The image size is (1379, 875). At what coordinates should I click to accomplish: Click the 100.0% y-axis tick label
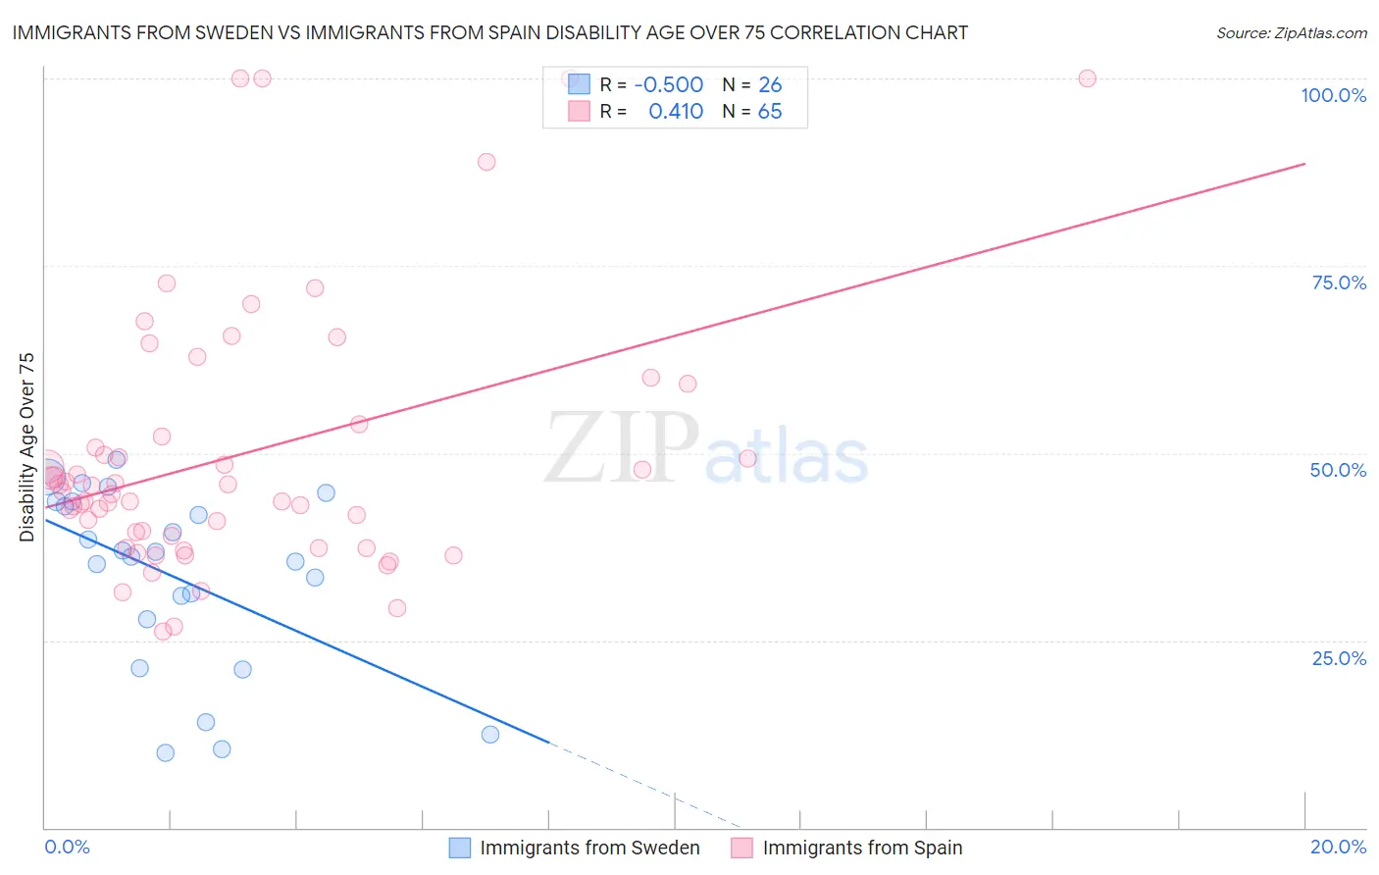tap(1333, 95)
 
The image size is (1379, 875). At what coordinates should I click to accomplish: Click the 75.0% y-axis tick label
tap(1339, 283)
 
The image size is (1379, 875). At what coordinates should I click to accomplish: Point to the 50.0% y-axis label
tap(1338, 470)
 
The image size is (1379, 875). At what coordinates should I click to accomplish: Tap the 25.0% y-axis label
tap(1339, 658)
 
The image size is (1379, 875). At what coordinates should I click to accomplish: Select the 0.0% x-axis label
tap(67, 847)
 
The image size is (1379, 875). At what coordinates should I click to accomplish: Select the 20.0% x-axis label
tap(1338, 847)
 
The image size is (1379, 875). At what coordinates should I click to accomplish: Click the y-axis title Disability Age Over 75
tap(26, 447)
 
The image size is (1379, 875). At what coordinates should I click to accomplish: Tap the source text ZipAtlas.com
tap(1320, 33)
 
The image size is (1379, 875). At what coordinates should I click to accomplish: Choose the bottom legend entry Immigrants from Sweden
tap(589, 848)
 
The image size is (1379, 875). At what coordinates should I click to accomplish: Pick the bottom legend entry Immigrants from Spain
tap(862, 848)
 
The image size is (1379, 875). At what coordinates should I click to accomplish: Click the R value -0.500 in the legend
tap(669, 85)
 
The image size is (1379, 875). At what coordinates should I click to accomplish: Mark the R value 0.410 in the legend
tap(676, 111)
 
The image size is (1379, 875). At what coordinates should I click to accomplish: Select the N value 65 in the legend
tap(770, 111)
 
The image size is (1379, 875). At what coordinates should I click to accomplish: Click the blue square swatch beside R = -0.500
tap(579, 84)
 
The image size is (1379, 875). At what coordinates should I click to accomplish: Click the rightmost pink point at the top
tap(1087, 78)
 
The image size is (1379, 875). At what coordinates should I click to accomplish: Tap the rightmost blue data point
tap(490, 735)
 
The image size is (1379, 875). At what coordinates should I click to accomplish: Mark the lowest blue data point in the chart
tap(166, 752)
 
